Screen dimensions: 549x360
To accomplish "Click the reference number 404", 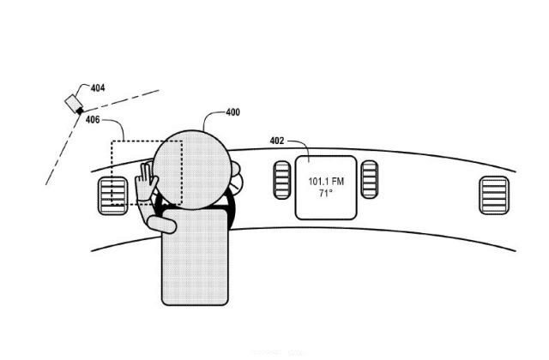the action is [98, 87].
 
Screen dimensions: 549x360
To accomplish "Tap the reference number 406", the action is [93, 120].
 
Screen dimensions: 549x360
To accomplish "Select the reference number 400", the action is [232, 112].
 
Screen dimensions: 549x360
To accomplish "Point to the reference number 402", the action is [277, 141].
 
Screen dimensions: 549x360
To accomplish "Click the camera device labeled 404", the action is [74, 104].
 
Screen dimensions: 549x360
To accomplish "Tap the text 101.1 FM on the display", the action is [326, 182].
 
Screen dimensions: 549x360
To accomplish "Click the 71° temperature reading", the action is [325, 193].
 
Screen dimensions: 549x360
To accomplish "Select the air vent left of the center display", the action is [282, 180].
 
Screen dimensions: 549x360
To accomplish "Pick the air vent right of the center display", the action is [370, 179].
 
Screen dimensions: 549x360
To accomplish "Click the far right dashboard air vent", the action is [494, 195].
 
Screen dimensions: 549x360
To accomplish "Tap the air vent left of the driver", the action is [112, 196].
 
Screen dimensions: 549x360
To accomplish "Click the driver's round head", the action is [192, 170].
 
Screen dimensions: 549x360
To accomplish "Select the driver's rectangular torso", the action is [195, 257].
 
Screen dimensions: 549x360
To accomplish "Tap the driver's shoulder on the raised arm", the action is [161, 225].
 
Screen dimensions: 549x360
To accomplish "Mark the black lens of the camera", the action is [80, 111].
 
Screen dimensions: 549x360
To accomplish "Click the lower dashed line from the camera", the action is [63, 149].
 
